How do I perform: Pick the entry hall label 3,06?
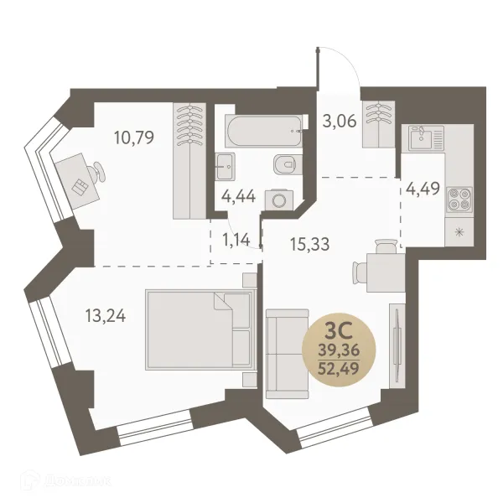click(x=340, y=120)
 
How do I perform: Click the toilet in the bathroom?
click(x=288, y=165)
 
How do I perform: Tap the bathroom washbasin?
click(x=225, y=165)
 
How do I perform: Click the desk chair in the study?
click(x=99, y=171)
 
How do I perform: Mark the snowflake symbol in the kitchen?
click(x=459, y=231)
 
